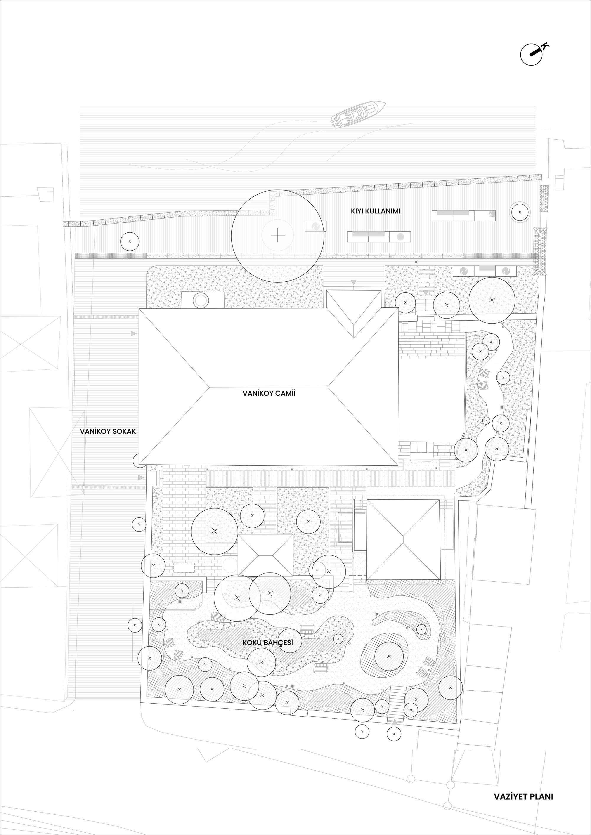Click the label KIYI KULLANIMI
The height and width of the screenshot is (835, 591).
[x=376, y=211]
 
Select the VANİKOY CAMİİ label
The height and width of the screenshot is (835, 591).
[x=269, y=393]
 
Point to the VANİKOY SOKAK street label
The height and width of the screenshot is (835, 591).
[x=108, y=431]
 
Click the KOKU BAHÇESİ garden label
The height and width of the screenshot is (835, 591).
[x=267, y=642]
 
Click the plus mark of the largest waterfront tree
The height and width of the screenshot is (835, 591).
[x=278, y=236]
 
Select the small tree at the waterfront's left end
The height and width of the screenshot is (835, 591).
[x=130, y=242]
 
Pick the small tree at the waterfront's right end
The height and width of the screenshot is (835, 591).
[x=520, y=212]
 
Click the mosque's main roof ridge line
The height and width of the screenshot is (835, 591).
[x=269, y=386]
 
